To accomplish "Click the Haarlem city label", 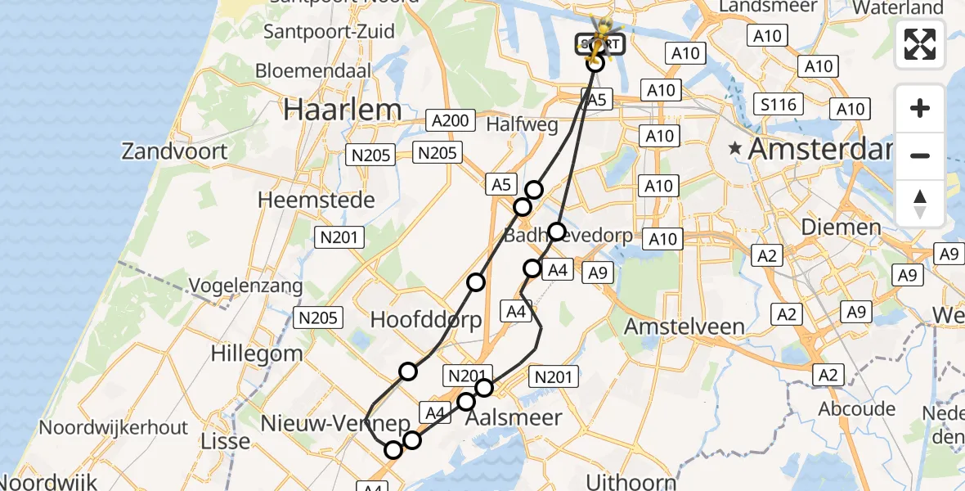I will pyautogui.click(x=343, y=110).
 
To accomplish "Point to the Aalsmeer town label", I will pyautogui.click(x=514, y=418).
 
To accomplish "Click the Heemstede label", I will pyautogui.click(x=316, y=200).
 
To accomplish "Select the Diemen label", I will pyautogui.click(x=842, y=227).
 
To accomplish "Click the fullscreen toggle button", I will pyautogui.click(x=920, y=44).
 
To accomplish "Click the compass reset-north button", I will pyautogui.click(x=920, y=204).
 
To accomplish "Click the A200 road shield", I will pyautogui.click(x=450, y=121).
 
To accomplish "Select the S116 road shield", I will pyautogui.click(x=779, y=104).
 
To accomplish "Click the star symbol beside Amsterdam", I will pyautogui.click(x=735, y=149).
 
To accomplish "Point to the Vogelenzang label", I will pyautogui.click(x=245, y=286).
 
